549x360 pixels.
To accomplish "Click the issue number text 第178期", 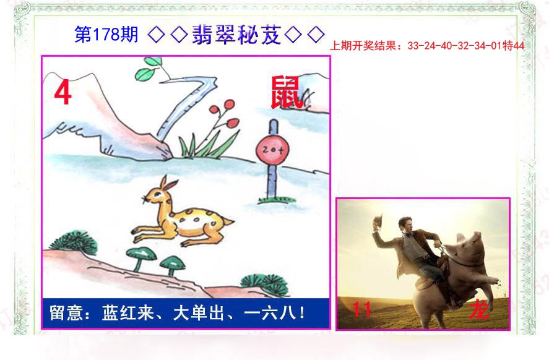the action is tap(106, 35).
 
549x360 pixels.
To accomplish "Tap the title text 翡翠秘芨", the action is tap(236, 35).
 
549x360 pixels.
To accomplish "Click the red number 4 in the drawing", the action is tap(63, 92).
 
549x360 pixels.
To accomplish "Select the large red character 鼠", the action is tap(286, 93).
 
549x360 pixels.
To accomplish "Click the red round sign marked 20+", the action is tap(272, 150).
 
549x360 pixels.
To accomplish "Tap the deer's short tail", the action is tap(227, 221).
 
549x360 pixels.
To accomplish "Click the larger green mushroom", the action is tap(141, 257).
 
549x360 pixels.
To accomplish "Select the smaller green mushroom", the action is tap(172, 264).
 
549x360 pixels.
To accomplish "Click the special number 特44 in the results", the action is tap(513, 46).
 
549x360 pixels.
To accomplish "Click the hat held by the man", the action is tap(378, 221).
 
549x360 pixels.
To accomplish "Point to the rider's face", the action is tap(406, 226).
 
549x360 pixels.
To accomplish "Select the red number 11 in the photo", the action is tap(361, 309).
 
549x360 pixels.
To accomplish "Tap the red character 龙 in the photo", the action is tap(479, 310).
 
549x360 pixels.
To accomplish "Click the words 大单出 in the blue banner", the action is tap(198, 313).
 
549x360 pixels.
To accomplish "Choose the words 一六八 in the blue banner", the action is tap(270, 313).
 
